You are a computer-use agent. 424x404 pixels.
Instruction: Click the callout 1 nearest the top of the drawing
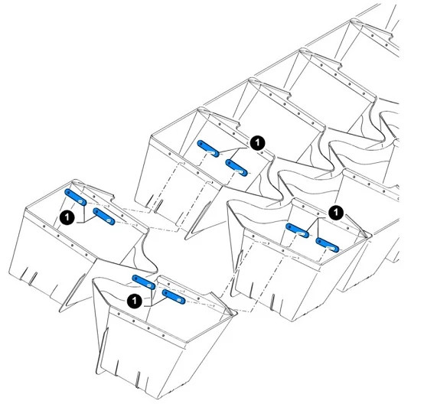tap(257, 142)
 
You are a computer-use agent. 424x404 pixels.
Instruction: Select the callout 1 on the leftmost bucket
tap(67, 217)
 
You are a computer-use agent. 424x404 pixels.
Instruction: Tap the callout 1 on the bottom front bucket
tap(135, 301)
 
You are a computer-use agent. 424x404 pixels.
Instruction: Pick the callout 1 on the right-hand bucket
tap(336, 213)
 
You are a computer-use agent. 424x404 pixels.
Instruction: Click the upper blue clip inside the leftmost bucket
tap(76, 197)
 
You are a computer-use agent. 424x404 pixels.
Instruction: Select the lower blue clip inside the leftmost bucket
tap(104, 217)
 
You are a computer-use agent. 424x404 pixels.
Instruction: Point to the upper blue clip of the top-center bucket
tap(208, 148)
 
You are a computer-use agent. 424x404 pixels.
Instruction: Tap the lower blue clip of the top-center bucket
tap(236, 168)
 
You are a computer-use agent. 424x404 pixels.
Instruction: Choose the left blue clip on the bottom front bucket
tap(144, 282)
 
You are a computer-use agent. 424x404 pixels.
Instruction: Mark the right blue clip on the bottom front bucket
tap(174, 297)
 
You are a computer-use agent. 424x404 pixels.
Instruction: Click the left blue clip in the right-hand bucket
tap(298, 230)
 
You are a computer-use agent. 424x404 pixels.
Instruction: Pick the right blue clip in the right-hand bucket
tap(328, 245)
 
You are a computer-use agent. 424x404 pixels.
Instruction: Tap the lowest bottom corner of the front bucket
tap(157, 398)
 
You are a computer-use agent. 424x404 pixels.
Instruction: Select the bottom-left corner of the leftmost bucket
tap(9, 272)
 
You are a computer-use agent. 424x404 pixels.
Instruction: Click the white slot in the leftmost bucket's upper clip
tap(80, 201)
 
